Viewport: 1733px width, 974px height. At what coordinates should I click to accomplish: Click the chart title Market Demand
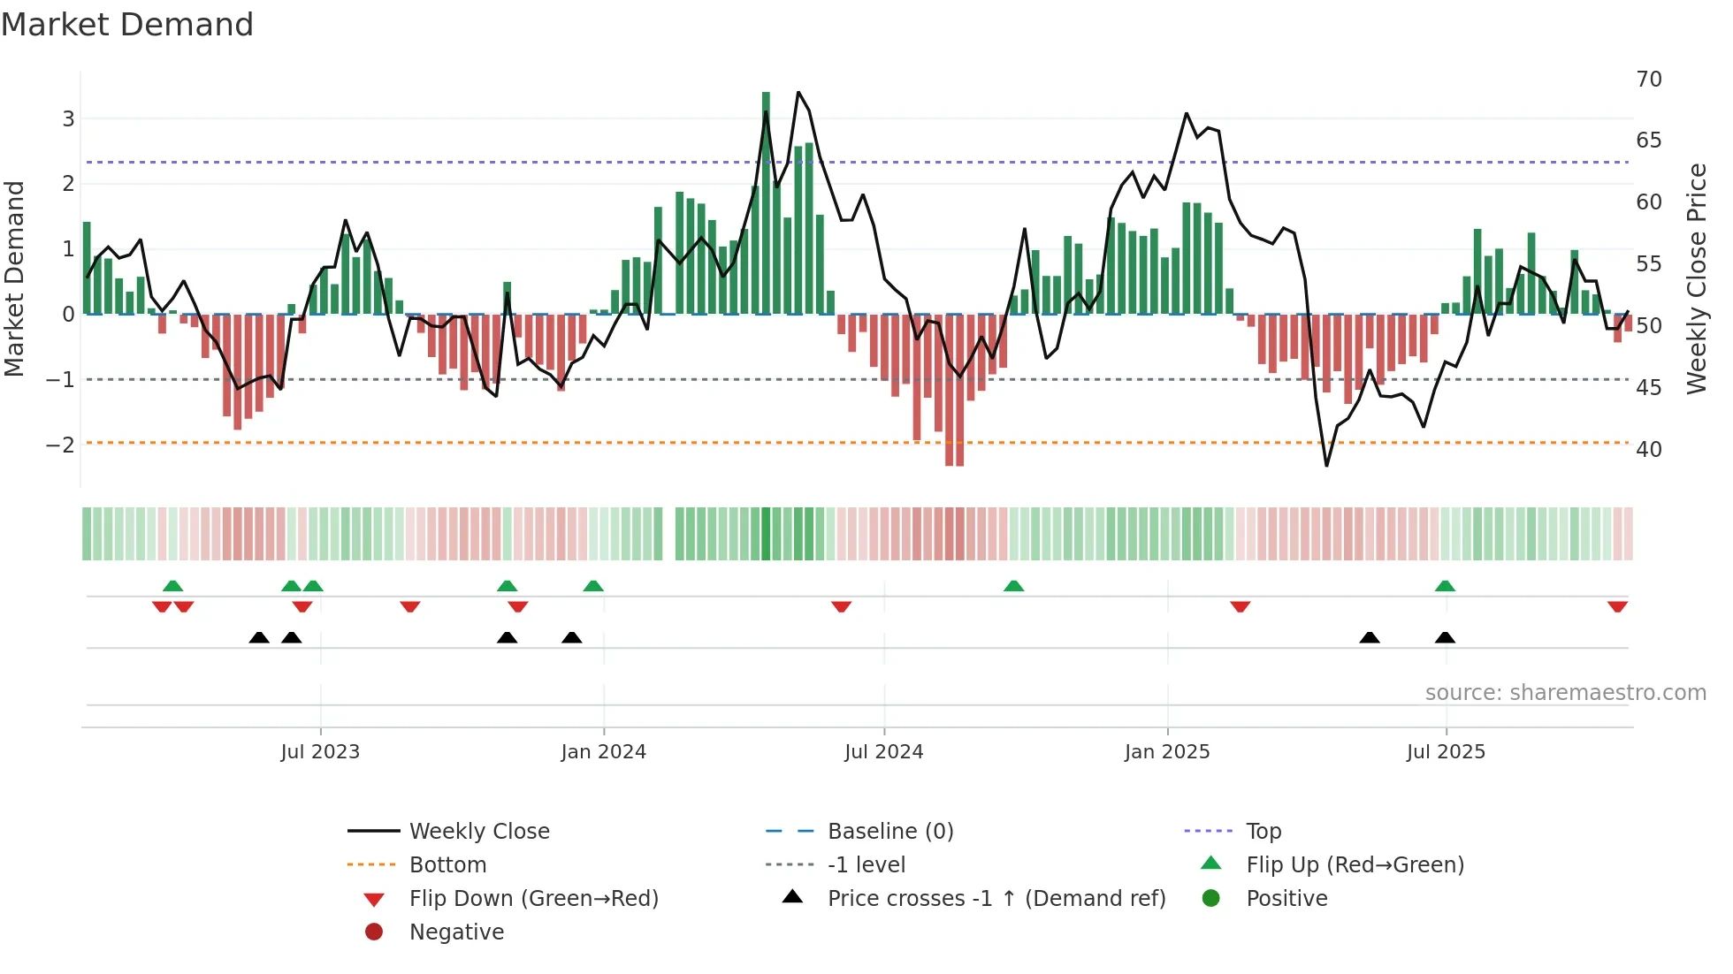coord(127,25)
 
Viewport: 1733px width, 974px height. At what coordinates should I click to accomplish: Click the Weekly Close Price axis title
coord(1696,278)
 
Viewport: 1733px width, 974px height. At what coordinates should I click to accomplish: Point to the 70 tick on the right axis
coord(1649,80)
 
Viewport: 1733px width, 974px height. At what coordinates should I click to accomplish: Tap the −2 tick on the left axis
coord(60,445)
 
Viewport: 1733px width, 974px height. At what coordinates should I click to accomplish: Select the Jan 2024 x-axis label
coord(603,752)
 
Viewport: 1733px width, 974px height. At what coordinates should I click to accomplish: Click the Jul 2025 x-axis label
coord(1446,752)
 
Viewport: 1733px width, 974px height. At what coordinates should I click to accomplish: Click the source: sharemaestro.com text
coord(1565,693)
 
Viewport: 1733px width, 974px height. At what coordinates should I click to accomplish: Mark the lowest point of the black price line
coord(1326,465)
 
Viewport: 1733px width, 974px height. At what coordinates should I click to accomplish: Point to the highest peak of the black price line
coord(798,92)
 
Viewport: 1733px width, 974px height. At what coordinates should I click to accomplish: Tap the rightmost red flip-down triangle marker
coord(1617,606)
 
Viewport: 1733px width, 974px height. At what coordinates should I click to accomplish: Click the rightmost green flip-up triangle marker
coord(1445,586)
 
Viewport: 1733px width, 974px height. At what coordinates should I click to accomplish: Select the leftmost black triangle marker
coord(259,637)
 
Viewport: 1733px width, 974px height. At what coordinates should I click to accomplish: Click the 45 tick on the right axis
coord(1649,388)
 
